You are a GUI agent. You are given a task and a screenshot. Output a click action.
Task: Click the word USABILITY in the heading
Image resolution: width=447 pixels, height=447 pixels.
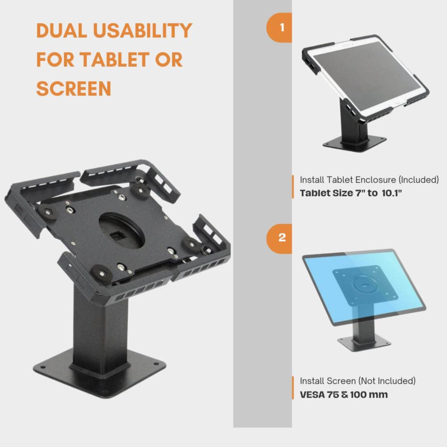(x=142, y=30)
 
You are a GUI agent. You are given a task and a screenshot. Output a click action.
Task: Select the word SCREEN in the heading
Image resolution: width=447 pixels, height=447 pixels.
(x=74, y=89)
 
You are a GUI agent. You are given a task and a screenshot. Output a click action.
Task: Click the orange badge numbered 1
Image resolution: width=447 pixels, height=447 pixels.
(x=280, y=28)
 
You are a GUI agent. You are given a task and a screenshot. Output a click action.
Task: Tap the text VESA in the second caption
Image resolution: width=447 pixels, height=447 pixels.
(x=312, y=395)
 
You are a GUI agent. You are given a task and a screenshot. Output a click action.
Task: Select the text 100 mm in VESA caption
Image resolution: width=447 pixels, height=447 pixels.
(x=369, y=395)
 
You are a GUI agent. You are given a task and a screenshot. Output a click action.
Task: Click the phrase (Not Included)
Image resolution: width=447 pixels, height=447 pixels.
(x=387, y=381)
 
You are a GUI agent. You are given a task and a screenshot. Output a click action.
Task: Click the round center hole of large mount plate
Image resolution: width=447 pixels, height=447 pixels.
(x=122, y=231)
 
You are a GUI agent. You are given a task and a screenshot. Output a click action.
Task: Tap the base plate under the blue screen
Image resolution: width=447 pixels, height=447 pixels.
(x=364, y=344)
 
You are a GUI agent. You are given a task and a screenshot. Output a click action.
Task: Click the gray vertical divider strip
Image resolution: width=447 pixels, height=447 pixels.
(x=262, y=328)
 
